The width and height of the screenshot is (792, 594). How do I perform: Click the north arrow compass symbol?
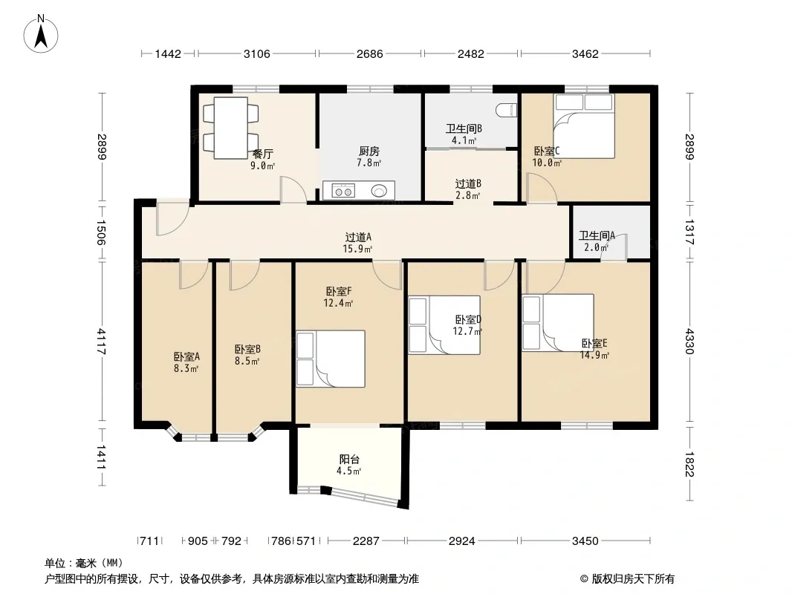click(x=41, y=34)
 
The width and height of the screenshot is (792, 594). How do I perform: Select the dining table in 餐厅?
click(x=230, y=128)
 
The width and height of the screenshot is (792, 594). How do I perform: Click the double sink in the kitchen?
click(x=343, y=191)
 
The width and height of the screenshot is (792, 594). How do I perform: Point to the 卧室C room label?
click(x=547, y=151)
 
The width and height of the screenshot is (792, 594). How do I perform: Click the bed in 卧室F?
click(x=331, y=359)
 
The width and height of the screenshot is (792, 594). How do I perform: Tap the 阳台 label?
click(x=349, y=460)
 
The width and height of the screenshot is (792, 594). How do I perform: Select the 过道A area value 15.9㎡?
click(x=357, y=249)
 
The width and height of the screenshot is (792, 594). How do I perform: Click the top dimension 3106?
click(x=256, y=53)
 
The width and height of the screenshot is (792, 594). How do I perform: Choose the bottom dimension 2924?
click(x=461, y=541)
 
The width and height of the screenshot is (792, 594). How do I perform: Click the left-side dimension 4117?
click(x=102, y=341)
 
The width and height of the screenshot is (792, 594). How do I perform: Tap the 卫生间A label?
click(x=597, y=235)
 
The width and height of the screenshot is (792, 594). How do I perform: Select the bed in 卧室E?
click(x=558, y=322)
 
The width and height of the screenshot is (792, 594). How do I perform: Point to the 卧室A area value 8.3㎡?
click(x=186, y=368)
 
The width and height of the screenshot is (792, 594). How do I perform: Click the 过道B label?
click(x=468, y=183)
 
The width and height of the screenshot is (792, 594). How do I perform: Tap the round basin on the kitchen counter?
click(x=379, y=191)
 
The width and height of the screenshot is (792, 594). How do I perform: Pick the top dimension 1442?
click(x=168, y=53)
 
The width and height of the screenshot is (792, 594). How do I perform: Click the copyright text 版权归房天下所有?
click(x=633, y=579)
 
